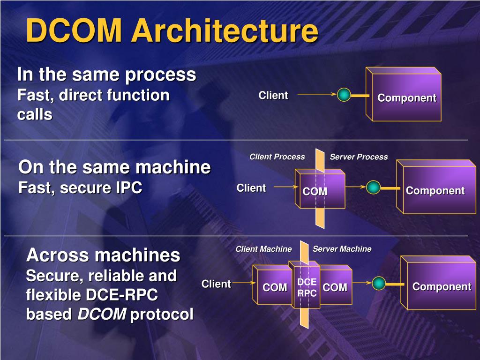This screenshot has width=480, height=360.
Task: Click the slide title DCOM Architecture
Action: (172, 31)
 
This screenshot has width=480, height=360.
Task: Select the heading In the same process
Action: (106, 75)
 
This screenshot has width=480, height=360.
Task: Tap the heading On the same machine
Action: (114, 167)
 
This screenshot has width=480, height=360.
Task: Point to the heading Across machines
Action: (103, 255)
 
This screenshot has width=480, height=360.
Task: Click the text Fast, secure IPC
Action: (80, 188)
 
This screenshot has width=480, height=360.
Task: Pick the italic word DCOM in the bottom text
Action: (101, 315)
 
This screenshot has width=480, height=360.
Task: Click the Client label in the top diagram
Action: (273, 96)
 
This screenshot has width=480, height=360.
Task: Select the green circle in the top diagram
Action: (344, 95)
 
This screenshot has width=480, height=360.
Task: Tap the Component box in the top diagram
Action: (406, 97)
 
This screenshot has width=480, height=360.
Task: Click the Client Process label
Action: (277, 157)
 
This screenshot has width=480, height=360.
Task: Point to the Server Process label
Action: (359, 157)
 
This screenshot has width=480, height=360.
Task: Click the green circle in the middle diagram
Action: (373, 187)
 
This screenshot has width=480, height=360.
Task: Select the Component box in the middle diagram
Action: (435, 190)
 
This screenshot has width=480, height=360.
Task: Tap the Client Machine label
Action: (263, 249)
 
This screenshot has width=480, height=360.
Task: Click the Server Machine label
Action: (342, 249)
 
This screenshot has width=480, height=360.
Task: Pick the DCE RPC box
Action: (307, 287)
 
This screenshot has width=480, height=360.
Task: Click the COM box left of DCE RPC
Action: (274, 287)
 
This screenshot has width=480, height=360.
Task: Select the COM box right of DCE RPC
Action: (336, 287)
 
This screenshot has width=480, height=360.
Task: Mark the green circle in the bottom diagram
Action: (379, 283)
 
